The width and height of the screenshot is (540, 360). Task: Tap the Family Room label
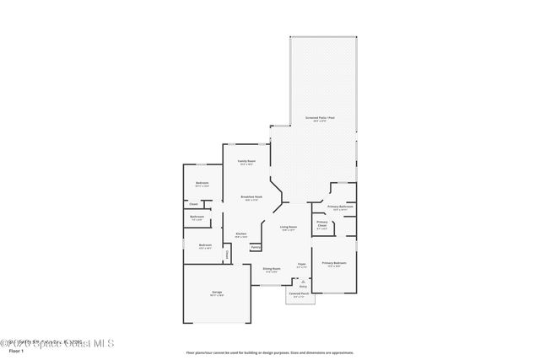coord(246,161)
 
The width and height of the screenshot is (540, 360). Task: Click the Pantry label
coord(255,247)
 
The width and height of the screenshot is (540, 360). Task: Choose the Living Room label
coord(289,227)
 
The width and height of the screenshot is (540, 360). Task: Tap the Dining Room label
coord(272,269)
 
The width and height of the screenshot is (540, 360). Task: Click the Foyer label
coord(301,265)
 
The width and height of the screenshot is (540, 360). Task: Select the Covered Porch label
coord(300,295)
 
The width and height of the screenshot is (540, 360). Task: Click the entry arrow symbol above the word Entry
coord(303,281)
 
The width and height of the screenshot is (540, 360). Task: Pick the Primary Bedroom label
coord(334,264)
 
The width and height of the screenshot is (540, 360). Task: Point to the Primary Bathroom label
coord(340,207)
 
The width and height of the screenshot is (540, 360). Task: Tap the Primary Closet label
coord(322,223)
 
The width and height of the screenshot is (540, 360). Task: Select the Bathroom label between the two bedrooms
coord(197,217)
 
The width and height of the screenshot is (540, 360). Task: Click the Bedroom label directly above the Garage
coord(204,246)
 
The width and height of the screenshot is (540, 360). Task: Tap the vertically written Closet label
coord(226,254)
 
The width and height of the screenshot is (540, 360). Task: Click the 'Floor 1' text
coord(10,350)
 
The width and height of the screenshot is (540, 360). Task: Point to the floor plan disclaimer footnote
coord(269,352)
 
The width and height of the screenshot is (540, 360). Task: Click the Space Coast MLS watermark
coord(57,342)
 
